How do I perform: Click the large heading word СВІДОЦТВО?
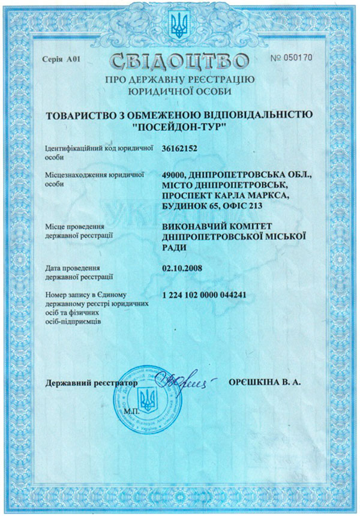coord(179,62)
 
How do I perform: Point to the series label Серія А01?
coord(61,59)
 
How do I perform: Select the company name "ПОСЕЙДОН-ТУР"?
coord(179,127)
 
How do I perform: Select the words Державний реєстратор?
coord(91,382)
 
